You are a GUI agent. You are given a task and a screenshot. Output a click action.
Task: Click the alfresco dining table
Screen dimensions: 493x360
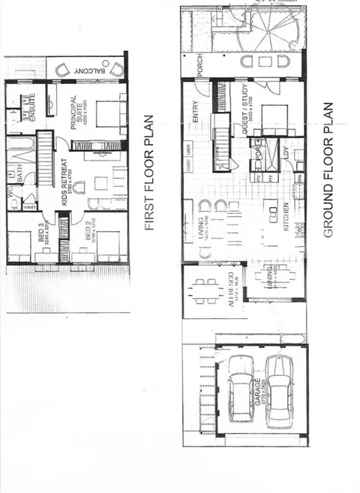point(205,289)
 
